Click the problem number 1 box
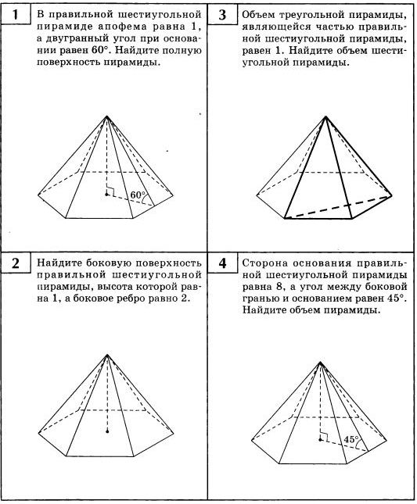click(x=15, y=15)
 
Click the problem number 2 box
click(x=15, y=263)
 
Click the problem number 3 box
click(x=221, y=15)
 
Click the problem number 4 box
click(x=221, y=263)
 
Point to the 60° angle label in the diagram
click(x=138, y=195)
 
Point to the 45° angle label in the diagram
click(x=350, y=439)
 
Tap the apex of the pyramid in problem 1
click(x=106, y=116)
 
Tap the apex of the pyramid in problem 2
click(x=107, y=355)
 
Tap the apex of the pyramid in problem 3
click(x=325, y=116)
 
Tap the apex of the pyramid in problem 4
click(x=320, y=362)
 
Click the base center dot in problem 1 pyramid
click(x=106, y=194)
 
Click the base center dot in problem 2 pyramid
click(x=107, y=431)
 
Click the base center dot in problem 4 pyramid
click(x=320, y=439)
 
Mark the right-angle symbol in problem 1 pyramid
click(x=110, y=191)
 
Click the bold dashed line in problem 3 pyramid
click(x=338, y=206)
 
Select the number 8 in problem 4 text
click(x=278, y=287)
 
